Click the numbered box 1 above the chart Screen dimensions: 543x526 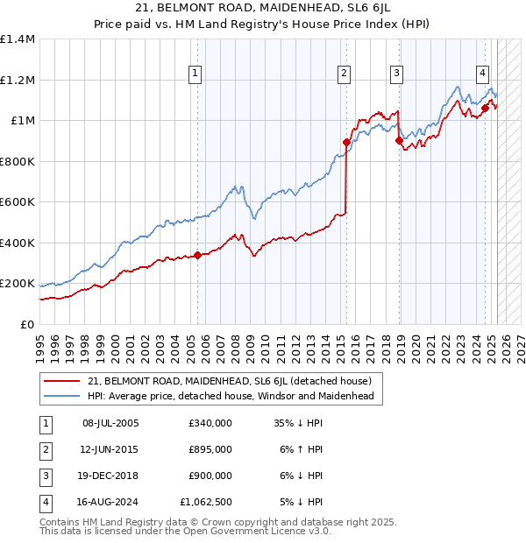click(194, 74)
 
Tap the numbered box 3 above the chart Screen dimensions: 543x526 click(397, 74)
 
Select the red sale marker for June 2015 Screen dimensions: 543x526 click(346, 142)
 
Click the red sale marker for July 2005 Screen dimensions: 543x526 click(197, 255)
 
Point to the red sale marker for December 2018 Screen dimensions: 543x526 click(399, 140)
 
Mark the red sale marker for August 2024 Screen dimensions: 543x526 click(484, 109)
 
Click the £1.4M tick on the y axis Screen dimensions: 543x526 click(18, 39)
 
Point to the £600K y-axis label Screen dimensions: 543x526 click(18, 202)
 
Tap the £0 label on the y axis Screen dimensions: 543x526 click(28, 325)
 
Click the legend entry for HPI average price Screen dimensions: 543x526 click(231, 397)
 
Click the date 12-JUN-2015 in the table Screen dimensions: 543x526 click(110, 449)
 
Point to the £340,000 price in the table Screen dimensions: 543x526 click(210, 423)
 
